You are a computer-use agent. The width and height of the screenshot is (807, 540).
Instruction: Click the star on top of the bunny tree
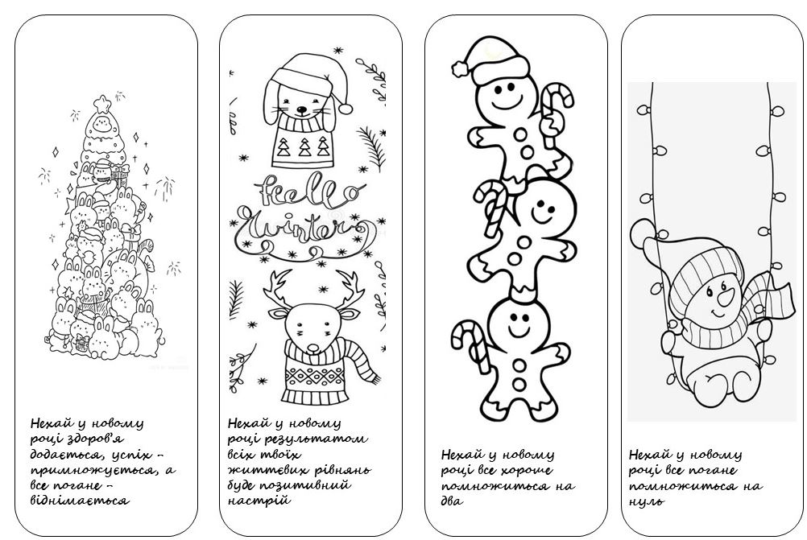pyautogui.click(x=102, y=103)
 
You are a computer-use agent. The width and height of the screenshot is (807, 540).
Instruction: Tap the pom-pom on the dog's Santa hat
pyautogui.click(x=345, y=108)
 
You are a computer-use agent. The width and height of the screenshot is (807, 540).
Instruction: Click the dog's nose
pyautogui.click(x=301, y=109)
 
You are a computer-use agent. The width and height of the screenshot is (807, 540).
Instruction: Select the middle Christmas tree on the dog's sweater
pyautogui.click(x=305, y=147)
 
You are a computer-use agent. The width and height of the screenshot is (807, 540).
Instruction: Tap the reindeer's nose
pyautogui.click(x=313, y=348)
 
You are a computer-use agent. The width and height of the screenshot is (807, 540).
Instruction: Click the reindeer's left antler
pyautogui.click(x=279, y=291)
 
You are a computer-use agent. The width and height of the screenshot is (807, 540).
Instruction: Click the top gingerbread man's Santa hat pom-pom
pyautogui.click(x=460, y=68)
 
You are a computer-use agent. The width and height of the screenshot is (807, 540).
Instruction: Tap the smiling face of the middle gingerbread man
pyautogui.click(x=542, y=209)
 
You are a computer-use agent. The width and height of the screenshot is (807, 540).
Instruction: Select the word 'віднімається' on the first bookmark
pyautogui.click(x=80, y=501)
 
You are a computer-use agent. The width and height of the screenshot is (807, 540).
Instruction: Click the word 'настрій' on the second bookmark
pyautogui.click(x=259, y=501)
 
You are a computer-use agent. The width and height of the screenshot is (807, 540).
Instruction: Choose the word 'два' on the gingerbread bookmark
pyautogui.click(x=453, y=500)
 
